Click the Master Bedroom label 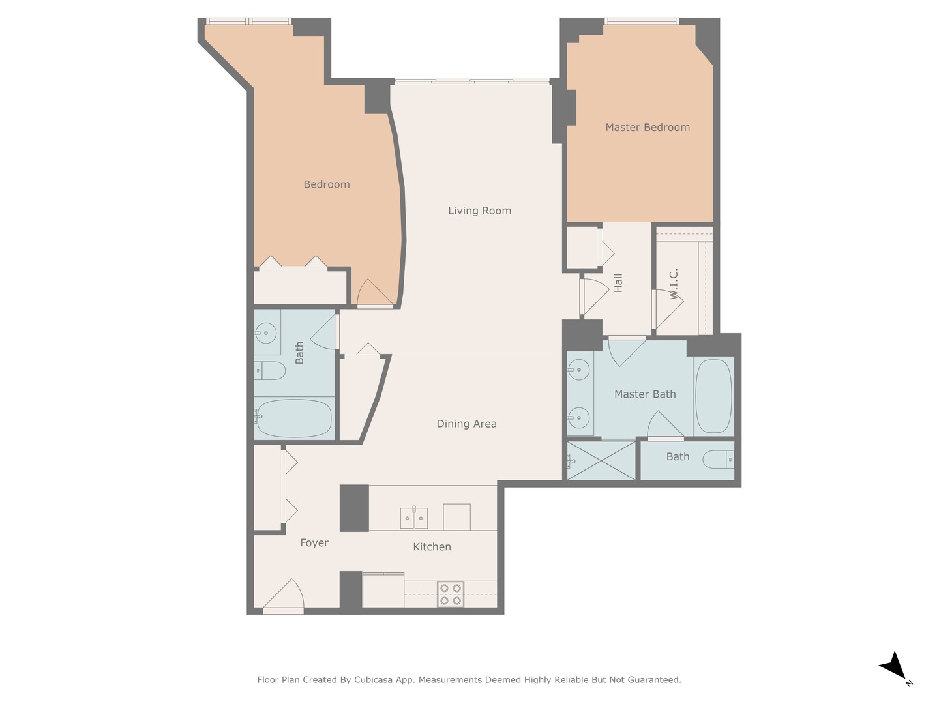(x=647, y=128)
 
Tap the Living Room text (x=479, y=211)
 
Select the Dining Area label (x=466, y=424)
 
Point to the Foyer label (x=314, y=543)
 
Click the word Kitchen (x=432, y=547)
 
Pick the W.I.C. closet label (x=674, y=284)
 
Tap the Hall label (x=618, y=282)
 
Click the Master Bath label (x=644, y=394)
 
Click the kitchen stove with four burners (x=451, y=594)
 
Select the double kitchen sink (x=414, y=518)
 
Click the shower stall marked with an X (x=601, y=461)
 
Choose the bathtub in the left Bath (x=294, y=418)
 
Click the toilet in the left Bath (x=270, y=371)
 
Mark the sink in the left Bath (x=266, y=333)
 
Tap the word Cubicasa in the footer (x=376, y=680)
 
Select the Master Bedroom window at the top (x=642, y=22)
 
